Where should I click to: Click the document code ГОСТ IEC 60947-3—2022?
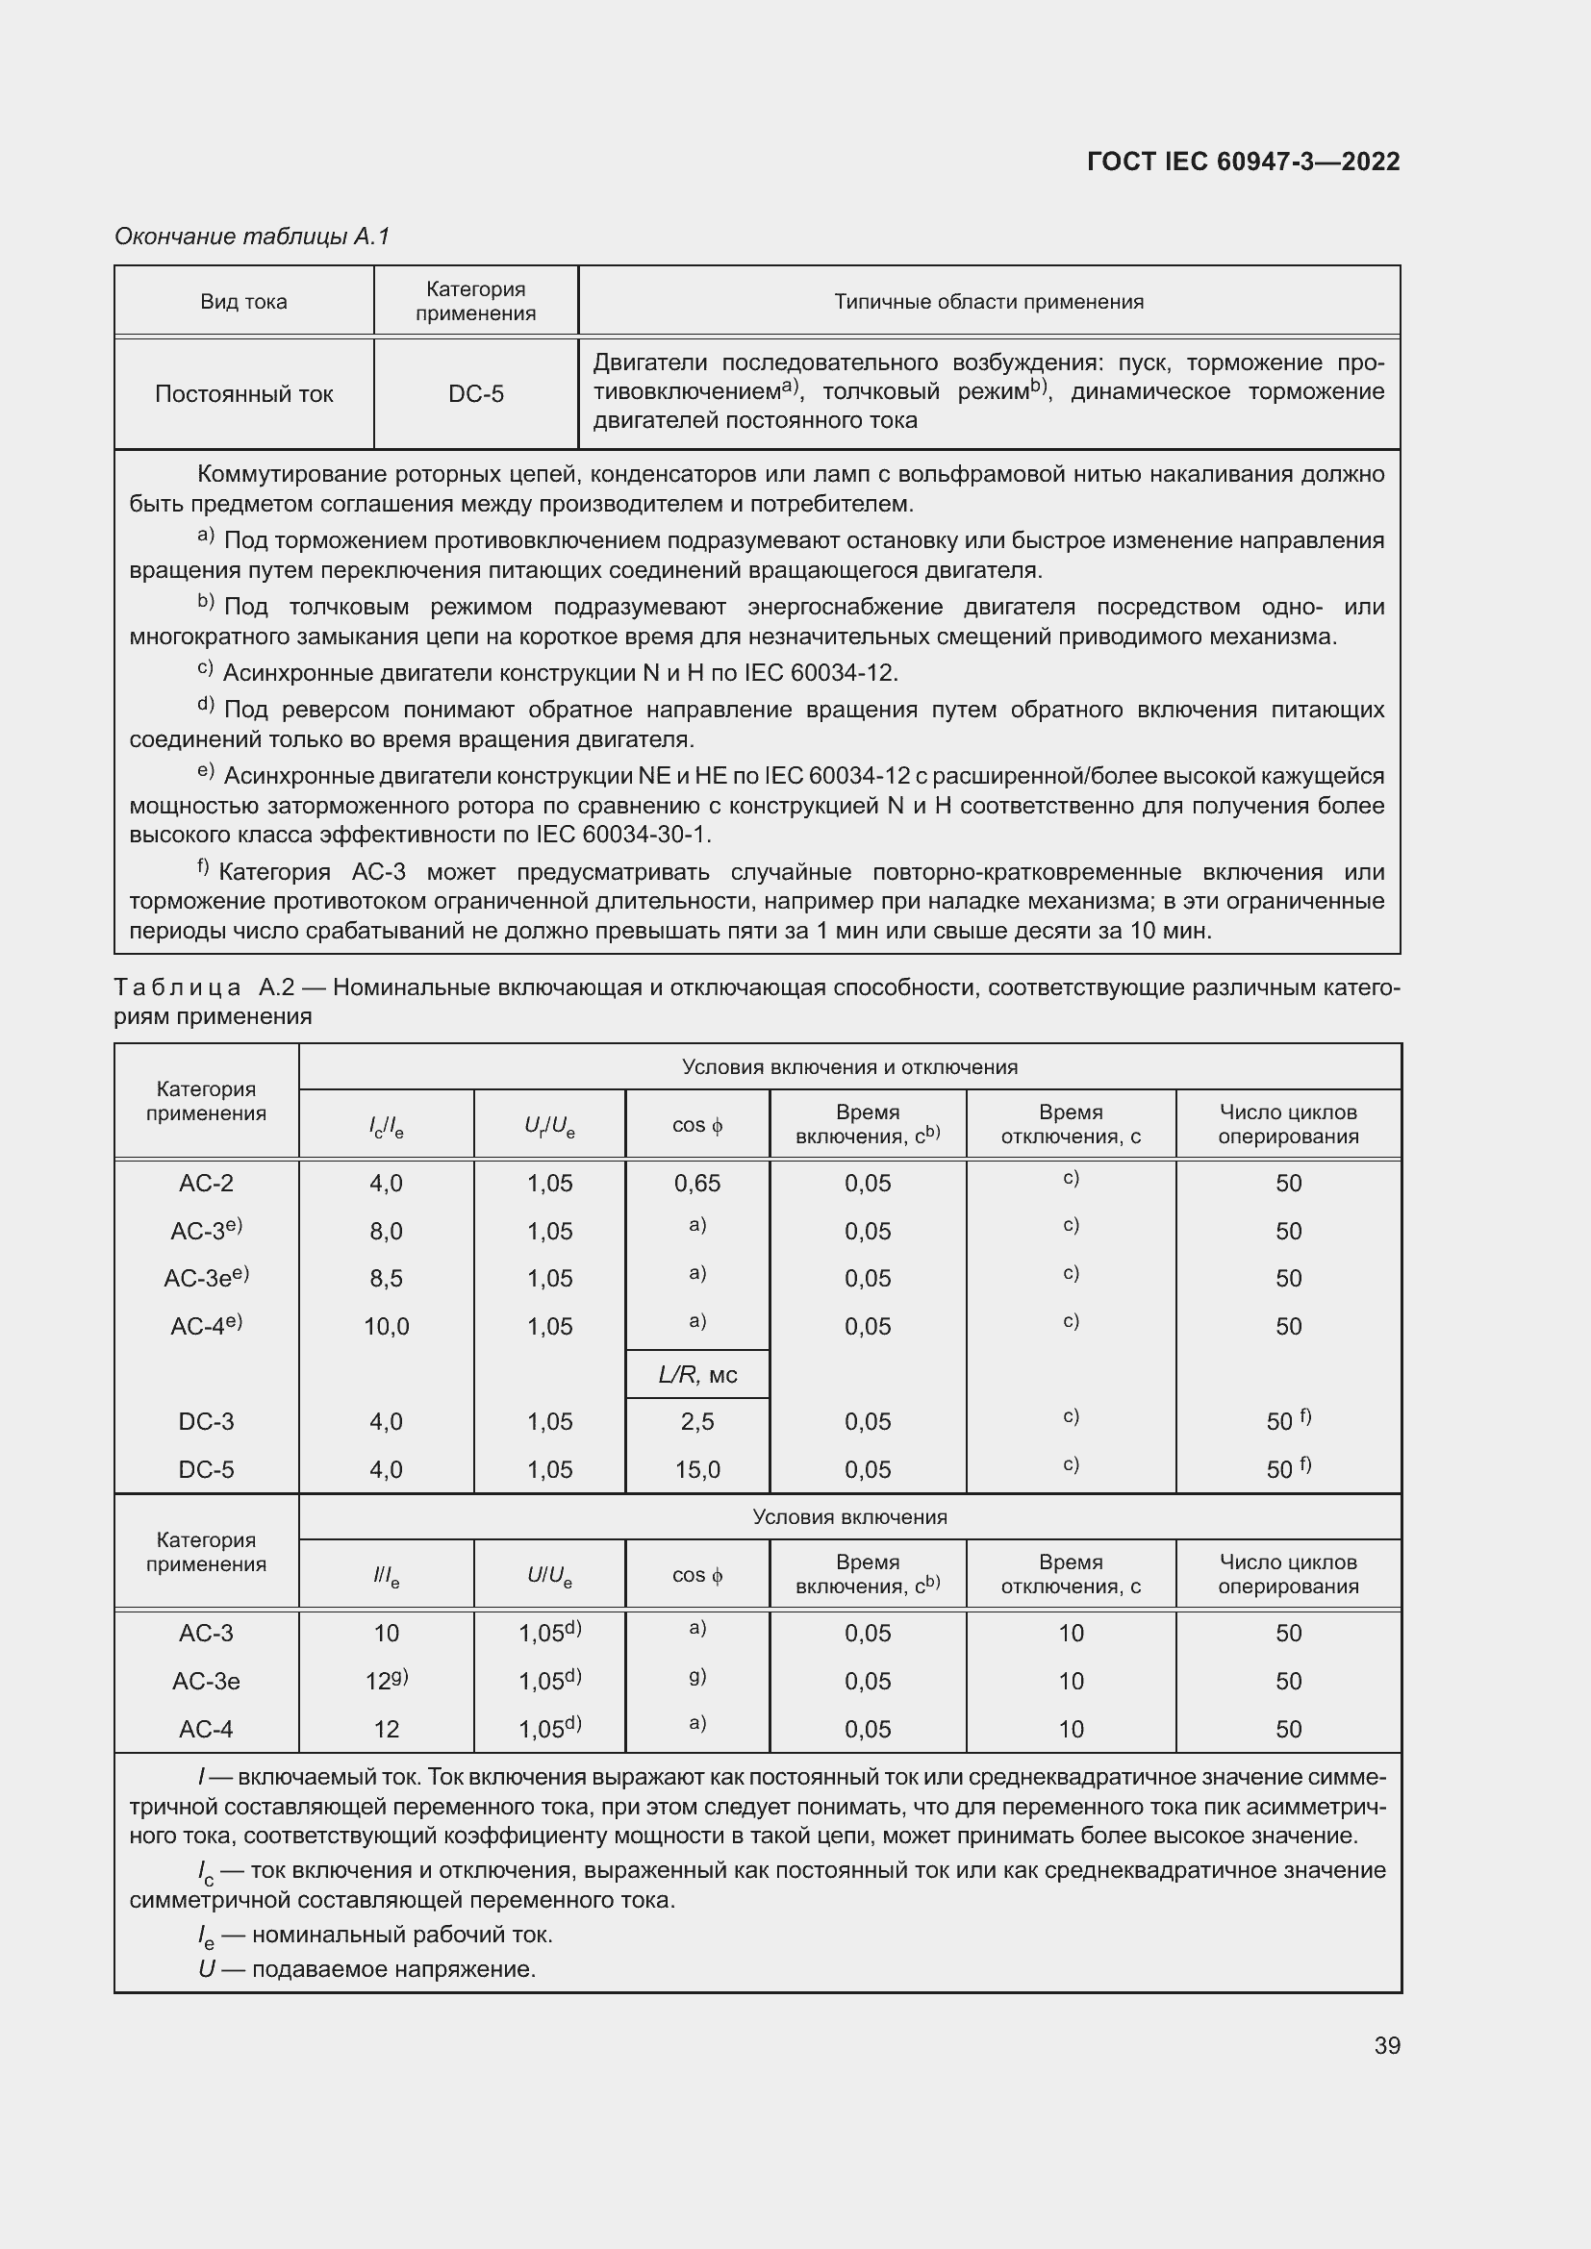(1243, 162)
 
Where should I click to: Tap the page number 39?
(1386, 2045)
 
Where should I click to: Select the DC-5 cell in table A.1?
(476, 394)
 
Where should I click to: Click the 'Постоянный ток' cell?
(244, 394)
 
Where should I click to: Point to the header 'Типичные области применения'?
(989, 302)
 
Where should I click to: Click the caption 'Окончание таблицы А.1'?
(252, 237)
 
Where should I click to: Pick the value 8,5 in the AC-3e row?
(386, 1278)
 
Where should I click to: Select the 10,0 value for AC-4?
(386, 1326)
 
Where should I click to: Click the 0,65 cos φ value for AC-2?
(696, 1184)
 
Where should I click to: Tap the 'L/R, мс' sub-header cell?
(696, 1374)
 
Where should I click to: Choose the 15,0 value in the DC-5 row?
(696, 1469)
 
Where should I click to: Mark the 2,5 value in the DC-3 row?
(696, 1421)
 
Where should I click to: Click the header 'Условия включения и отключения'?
(849, 1066)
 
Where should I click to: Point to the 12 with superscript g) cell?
(386, 1681)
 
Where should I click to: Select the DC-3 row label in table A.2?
(206, 1421)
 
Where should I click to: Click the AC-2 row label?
(206, 1184)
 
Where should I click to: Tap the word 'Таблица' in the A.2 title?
(177, 987)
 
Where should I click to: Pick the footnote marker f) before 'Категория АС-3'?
(203, 867)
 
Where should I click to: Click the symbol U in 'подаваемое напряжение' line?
(206, 1969)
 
